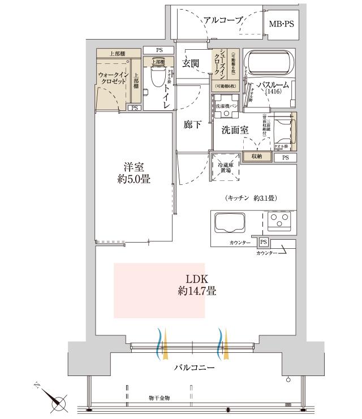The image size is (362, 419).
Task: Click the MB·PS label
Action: coord(281,24)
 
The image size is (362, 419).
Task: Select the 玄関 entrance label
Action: coord(191,64)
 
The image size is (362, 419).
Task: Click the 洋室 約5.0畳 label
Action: coord(133,173)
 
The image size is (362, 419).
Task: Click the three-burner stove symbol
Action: coord(278,221)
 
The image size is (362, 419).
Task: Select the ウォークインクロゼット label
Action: coord(112,77)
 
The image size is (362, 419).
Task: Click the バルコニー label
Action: coord(194,368)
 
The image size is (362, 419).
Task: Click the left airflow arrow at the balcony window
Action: coord(160,343)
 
